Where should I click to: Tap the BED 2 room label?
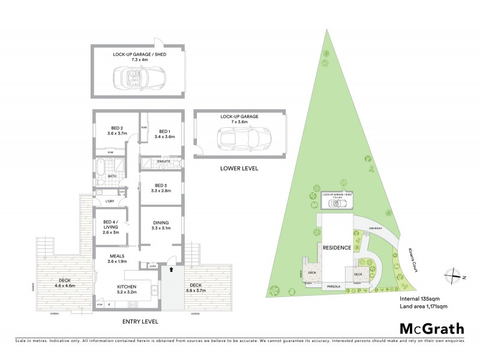(x=116, y=128)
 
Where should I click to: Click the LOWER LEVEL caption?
(x=239, y=169)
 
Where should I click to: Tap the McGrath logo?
(x=431, y=328)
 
